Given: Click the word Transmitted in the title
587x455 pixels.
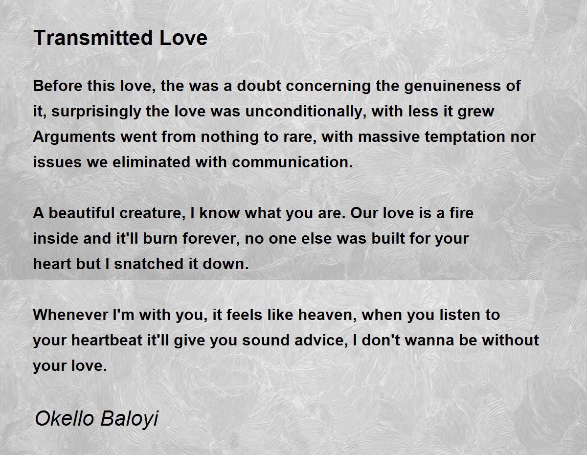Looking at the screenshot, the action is [93, 38].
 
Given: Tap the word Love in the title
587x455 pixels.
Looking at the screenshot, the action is [183, 38].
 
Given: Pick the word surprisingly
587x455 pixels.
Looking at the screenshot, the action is [96, 112].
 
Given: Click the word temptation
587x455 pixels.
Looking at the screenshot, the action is [465, 136].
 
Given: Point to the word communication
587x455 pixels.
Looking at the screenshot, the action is [293, 162].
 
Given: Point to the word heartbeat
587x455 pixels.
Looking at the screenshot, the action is [107, 341].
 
